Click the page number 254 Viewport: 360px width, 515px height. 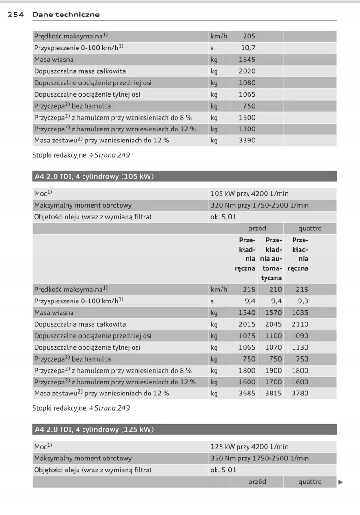click(17, 15)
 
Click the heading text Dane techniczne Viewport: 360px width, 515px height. click(66, 15)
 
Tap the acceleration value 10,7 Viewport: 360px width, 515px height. click(248, 48)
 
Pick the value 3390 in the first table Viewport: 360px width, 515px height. click(247, 140)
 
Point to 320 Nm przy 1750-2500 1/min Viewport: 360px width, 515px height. click(259, 205)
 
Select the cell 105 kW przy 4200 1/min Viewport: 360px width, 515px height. click(249, 194)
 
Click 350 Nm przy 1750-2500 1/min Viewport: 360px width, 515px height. click(259, 458)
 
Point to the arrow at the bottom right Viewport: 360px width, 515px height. click(340, 482)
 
